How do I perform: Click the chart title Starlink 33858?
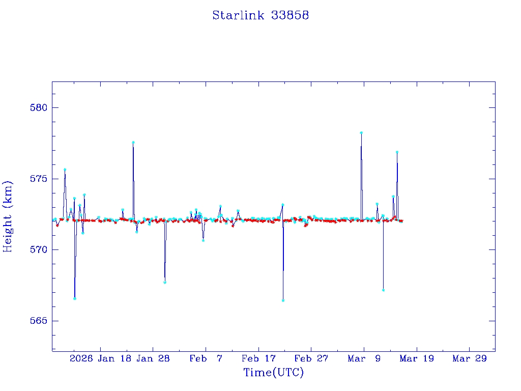260,15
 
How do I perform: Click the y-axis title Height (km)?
8,216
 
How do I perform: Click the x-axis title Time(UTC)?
273,373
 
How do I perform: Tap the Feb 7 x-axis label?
206,359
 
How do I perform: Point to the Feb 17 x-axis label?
258,359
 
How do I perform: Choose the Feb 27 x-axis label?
311,359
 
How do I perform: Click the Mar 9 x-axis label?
364,359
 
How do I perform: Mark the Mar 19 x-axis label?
416,359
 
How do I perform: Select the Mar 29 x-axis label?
469,359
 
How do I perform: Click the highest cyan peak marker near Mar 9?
361,132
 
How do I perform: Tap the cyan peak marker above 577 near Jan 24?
133,143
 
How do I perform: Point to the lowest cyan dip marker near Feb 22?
283,300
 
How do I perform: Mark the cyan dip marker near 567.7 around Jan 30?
165,282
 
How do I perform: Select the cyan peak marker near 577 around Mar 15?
397,152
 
